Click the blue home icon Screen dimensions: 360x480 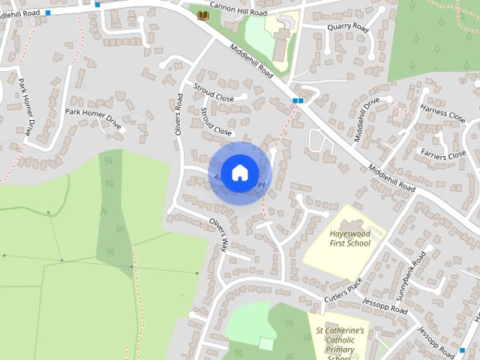click(x=239, y=173)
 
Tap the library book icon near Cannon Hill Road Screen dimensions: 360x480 click(x=202, y=14)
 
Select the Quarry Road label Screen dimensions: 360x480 click(x=348, y=27)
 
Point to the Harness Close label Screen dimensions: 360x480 click(x=442, y=114)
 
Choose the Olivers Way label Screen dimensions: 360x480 click(x=219, y=235)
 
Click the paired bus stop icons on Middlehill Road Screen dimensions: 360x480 click(x=298, y=100)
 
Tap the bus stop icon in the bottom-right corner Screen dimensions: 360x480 click(x=462, y=351)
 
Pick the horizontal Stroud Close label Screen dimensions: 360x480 click(x=214, y=96)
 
